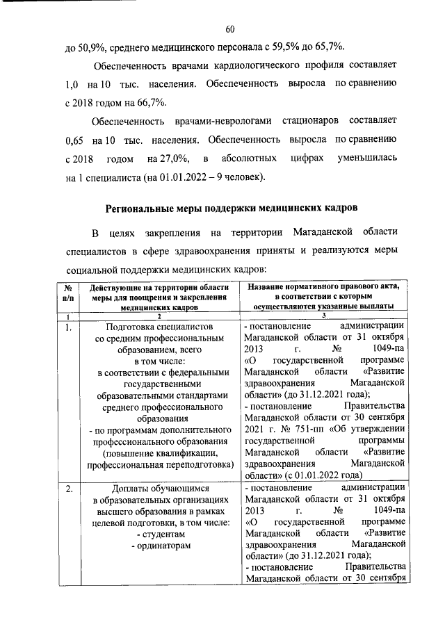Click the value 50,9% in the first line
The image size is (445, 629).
(x=89, y=46)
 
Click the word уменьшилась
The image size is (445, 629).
(x=367, y=158)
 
